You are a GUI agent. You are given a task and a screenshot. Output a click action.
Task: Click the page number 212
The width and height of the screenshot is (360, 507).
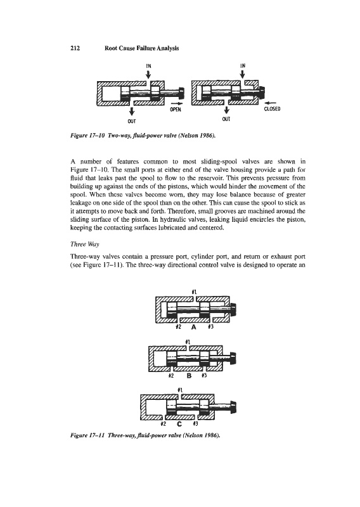[x=75, y=49]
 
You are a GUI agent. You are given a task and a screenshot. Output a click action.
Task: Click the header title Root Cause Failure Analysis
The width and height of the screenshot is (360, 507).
[x=142, y=49]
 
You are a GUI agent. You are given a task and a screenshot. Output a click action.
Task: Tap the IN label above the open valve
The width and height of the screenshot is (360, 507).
[x=148, y=66]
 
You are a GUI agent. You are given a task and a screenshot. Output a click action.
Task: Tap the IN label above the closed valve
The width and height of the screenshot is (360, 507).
[x=243, y=66]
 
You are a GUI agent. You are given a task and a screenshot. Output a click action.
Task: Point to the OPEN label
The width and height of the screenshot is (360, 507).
[x=176, y=109]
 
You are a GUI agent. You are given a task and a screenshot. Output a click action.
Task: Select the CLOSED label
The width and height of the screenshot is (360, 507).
[x=272, y=108]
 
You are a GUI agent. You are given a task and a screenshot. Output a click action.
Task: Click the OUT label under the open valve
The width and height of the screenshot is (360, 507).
[x=132, y=121]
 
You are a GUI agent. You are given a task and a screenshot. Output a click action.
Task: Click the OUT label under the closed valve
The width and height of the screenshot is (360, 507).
[x=226, y=119]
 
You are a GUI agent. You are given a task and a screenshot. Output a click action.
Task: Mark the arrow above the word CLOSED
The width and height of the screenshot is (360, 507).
[x=271, y=103]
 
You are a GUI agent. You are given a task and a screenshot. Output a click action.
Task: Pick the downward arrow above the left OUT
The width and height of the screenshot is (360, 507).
[x=132, y=112]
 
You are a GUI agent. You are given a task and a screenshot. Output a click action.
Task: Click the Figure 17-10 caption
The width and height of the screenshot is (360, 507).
[x=143, y=136]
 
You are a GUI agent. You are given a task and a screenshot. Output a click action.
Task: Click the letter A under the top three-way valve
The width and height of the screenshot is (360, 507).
[x=194, y=327]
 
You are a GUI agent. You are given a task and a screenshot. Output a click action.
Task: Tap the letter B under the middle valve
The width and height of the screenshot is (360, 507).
[x=190, y=376]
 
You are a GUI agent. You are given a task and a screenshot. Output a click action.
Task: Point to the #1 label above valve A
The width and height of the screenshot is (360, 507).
[x=194, y=292]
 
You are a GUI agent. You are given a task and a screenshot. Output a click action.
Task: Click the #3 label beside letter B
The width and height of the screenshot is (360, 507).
[x=204, y=376]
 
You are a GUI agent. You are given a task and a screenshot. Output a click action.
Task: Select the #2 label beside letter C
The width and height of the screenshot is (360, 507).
[x=164, y=423]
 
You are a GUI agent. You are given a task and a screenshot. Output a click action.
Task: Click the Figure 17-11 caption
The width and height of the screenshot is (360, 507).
[x=145, y=435]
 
